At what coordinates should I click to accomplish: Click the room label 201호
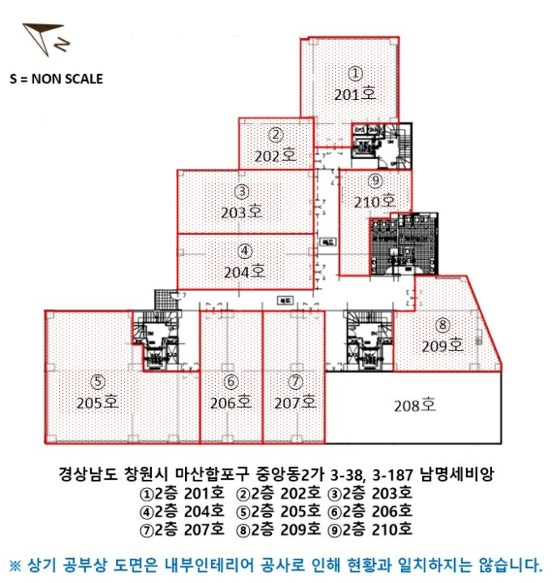point(355,95)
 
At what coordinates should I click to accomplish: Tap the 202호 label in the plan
point(276,156)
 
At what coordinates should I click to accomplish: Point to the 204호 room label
point(244,271)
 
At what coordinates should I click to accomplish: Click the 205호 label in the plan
point(98,404)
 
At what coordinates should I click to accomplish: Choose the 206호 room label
point(231,403)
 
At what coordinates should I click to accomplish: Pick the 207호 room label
point(295,403)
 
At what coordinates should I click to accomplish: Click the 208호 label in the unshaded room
point(415,406)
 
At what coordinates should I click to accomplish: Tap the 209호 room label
point(443,346)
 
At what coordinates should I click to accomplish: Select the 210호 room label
point(375,201)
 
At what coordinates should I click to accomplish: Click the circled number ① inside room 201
point(355,73)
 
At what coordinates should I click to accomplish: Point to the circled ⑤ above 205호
point(98,382)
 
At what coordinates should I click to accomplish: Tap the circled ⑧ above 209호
point(443,325)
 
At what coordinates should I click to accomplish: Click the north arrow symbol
point(39,38)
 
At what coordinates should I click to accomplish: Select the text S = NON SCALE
point(56,79)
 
